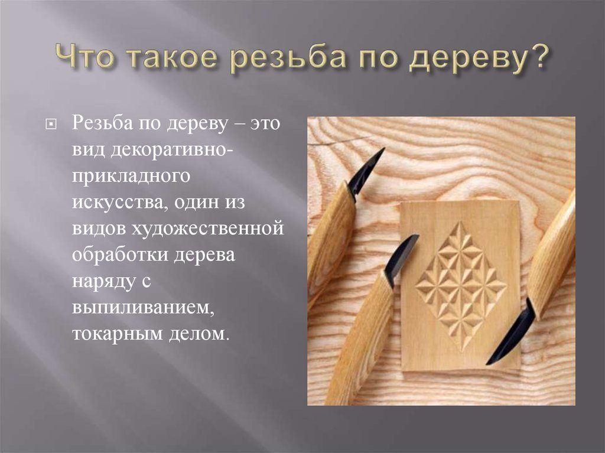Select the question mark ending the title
[x=536, y=57]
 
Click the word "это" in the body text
[x=265, y=125]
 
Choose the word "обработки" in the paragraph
[x=121, y=255]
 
